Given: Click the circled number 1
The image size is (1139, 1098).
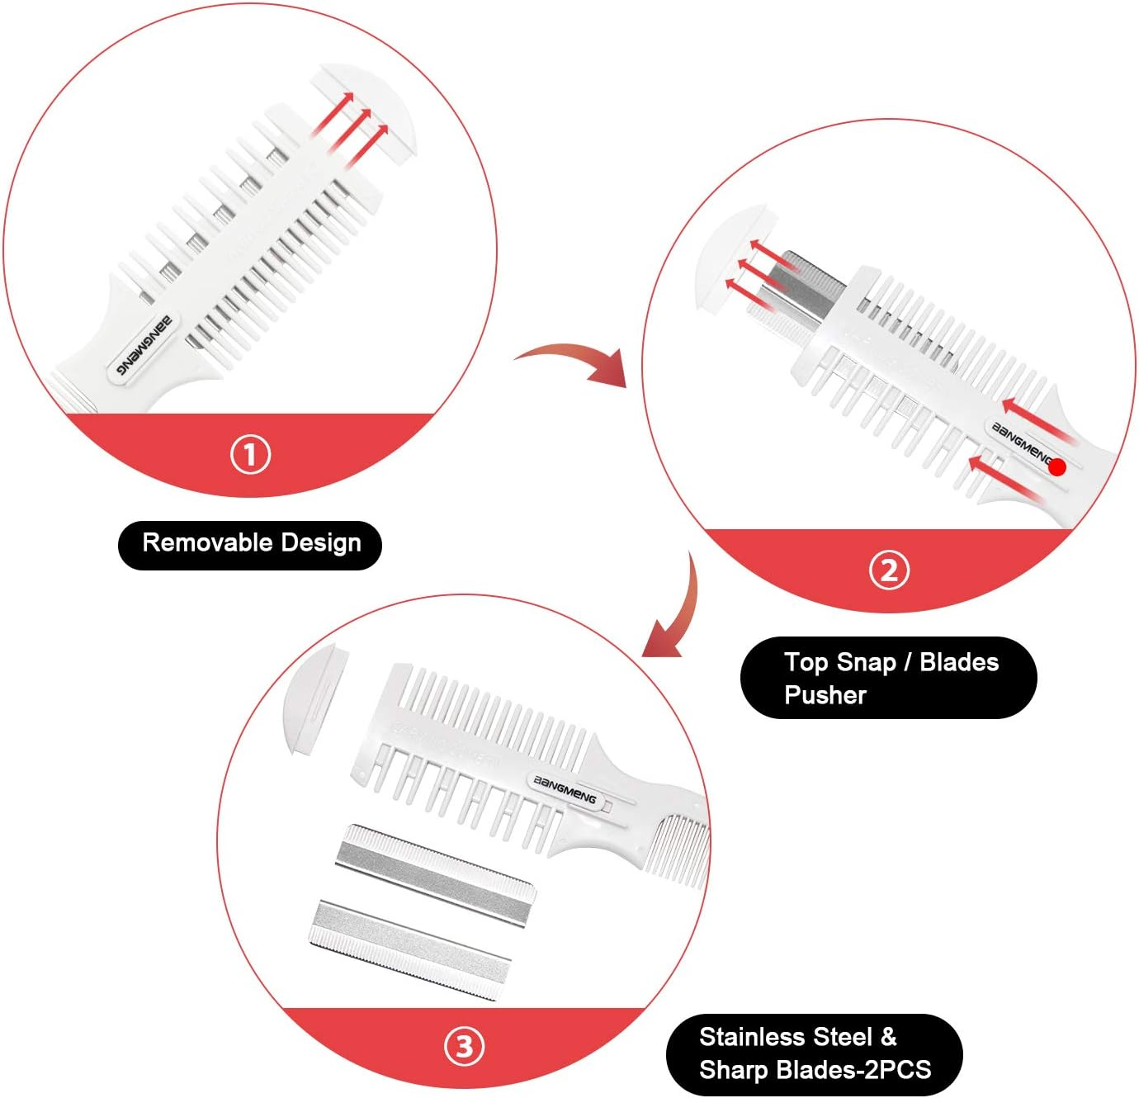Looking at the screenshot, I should click(250, 455).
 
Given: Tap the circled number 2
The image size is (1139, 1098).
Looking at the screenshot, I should click(889, 570).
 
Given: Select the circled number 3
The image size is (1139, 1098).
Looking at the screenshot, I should click(465, 1046).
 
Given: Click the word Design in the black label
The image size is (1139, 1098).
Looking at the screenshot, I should click(321, 543).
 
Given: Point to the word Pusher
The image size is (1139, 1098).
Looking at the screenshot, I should click(825, 695).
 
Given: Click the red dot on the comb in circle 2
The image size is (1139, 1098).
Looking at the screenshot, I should click(1057, 467).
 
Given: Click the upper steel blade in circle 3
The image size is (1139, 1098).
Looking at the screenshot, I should click(435, 874).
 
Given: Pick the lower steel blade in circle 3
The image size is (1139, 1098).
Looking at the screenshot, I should click(410, 949).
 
